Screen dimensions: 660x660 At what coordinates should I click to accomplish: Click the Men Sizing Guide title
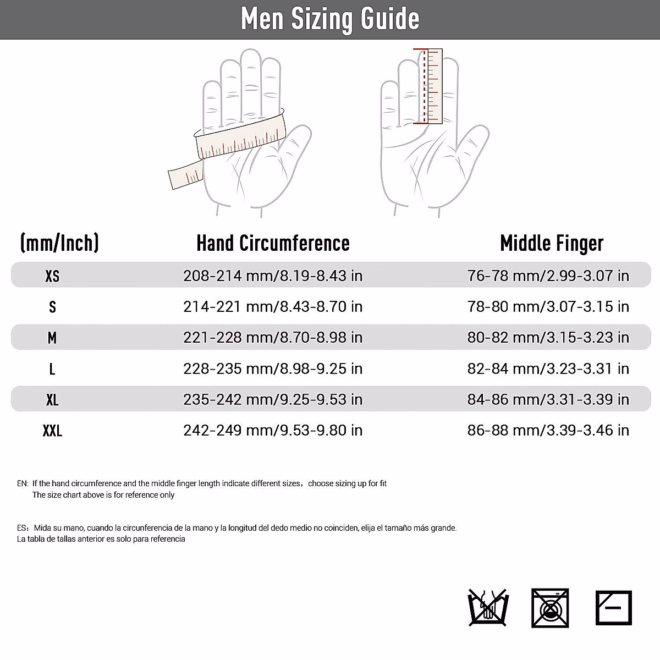coord(330,19)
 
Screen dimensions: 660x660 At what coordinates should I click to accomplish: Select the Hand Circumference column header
coord(273,243)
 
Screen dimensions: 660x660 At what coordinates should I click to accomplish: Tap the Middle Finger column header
coord(552,243)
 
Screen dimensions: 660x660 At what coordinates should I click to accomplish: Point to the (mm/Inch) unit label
coord(59,243)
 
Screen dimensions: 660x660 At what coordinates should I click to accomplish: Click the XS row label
coord(52,276)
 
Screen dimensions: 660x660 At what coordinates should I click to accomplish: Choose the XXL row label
coord(52,431)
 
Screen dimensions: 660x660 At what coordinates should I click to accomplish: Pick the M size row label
coord(52,338)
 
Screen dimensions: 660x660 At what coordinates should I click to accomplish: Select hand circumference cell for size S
coord(273,306)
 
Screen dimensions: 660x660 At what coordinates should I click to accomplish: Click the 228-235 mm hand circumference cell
coord(273,369)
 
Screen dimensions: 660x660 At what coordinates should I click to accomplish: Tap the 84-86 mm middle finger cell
coord(548,399)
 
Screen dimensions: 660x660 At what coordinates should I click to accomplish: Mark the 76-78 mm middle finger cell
coord(548,276)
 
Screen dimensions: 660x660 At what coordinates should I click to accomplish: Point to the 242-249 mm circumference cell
coord(273,430)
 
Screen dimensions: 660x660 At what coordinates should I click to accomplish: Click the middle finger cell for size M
coord(548,337)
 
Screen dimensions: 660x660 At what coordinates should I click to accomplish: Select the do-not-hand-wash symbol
coord(487,608)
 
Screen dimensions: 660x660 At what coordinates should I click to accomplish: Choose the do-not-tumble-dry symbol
coord(550,608)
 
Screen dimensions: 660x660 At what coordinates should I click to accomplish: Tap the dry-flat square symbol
coord(614,608)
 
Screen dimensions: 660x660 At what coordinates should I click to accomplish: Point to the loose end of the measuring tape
coord(184,177)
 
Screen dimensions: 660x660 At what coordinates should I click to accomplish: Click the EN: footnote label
coord(23,484)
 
